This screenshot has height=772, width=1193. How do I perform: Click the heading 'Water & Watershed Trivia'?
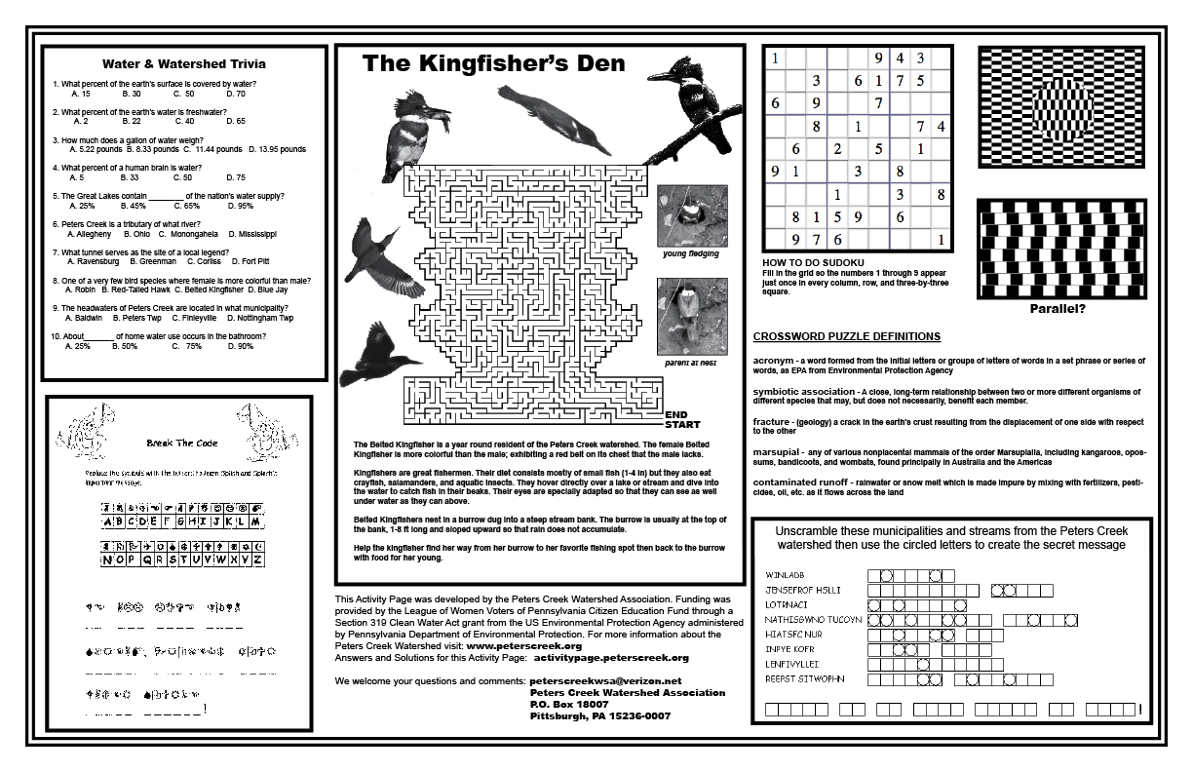click(x=184, y=64)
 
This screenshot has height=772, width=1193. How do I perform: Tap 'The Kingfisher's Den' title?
click(x=494, y=64)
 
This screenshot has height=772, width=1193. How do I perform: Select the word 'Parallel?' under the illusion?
click(x=1058, y=310)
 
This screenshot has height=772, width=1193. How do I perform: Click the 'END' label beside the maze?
click(x=676, y=414)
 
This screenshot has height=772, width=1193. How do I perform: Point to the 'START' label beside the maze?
click(x=682, y=425)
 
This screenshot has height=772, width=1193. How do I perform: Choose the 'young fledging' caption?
click(x=690, y=253)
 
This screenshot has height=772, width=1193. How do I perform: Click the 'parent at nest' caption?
click(x=690, y=363)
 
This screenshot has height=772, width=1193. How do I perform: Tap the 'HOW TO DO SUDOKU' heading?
click(x=814, y=263)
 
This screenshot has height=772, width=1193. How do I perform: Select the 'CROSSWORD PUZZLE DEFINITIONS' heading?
click(x=846, y=336)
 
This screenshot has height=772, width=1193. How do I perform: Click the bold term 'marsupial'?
click(x=776, y=451)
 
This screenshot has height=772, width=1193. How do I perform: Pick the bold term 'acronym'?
click(x=775, y=361)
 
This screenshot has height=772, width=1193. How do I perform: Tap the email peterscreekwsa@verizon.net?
click(x=605, y=680)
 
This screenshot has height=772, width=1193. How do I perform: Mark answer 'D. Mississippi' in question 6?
click(x=252, y=234)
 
